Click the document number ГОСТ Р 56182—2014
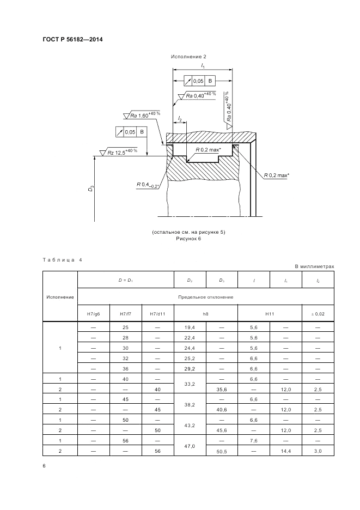click(72, 40)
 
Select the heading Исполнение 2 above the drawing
click(188, 57)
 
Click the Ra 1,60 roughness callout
click(144, 116)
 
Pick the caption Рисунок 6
click(188, 239)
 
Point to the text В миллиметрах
click(314, 266)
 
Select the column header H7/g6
click(94, 313)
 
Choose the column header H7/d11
click(157, 313)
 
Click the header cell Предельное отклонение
click(206, 297)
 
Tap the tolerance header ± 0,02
click(318, 313)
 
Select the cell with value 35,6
click(221, 390)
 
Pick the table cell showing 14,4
click(286, 451)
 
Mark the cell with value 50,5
click(221, 451)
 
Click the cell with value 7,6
click(253, 440)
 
